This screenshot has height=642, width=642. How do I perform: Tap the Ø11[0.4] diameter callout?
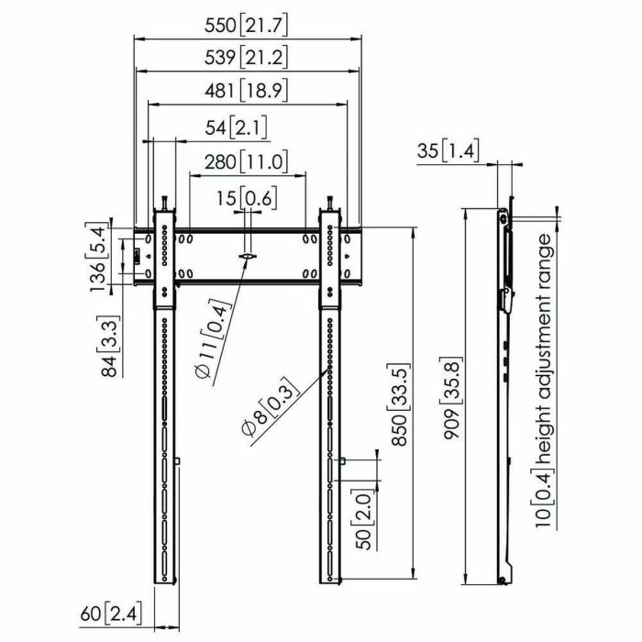(x=209, y=344)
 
